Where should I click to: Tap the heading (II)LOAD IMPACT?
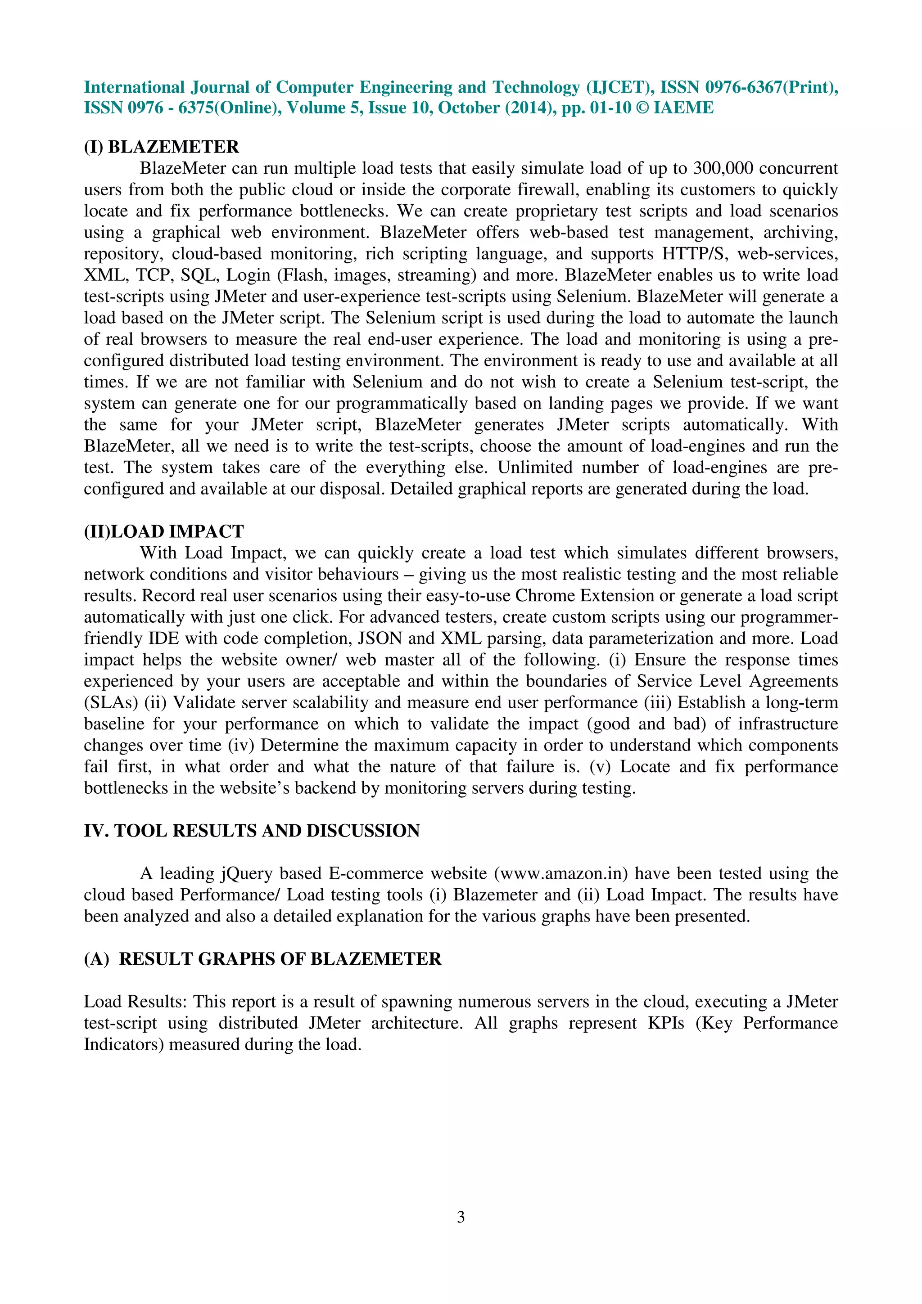point(163,531)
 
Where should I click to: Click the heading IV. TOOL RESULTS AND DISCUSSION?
point(252,831)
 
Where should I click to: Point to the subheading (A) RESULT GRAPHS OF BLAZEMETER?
point(262,959)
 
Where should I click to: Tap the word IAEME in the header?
point(683,108)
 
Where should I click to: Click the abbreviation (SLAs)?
point(111,702)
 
